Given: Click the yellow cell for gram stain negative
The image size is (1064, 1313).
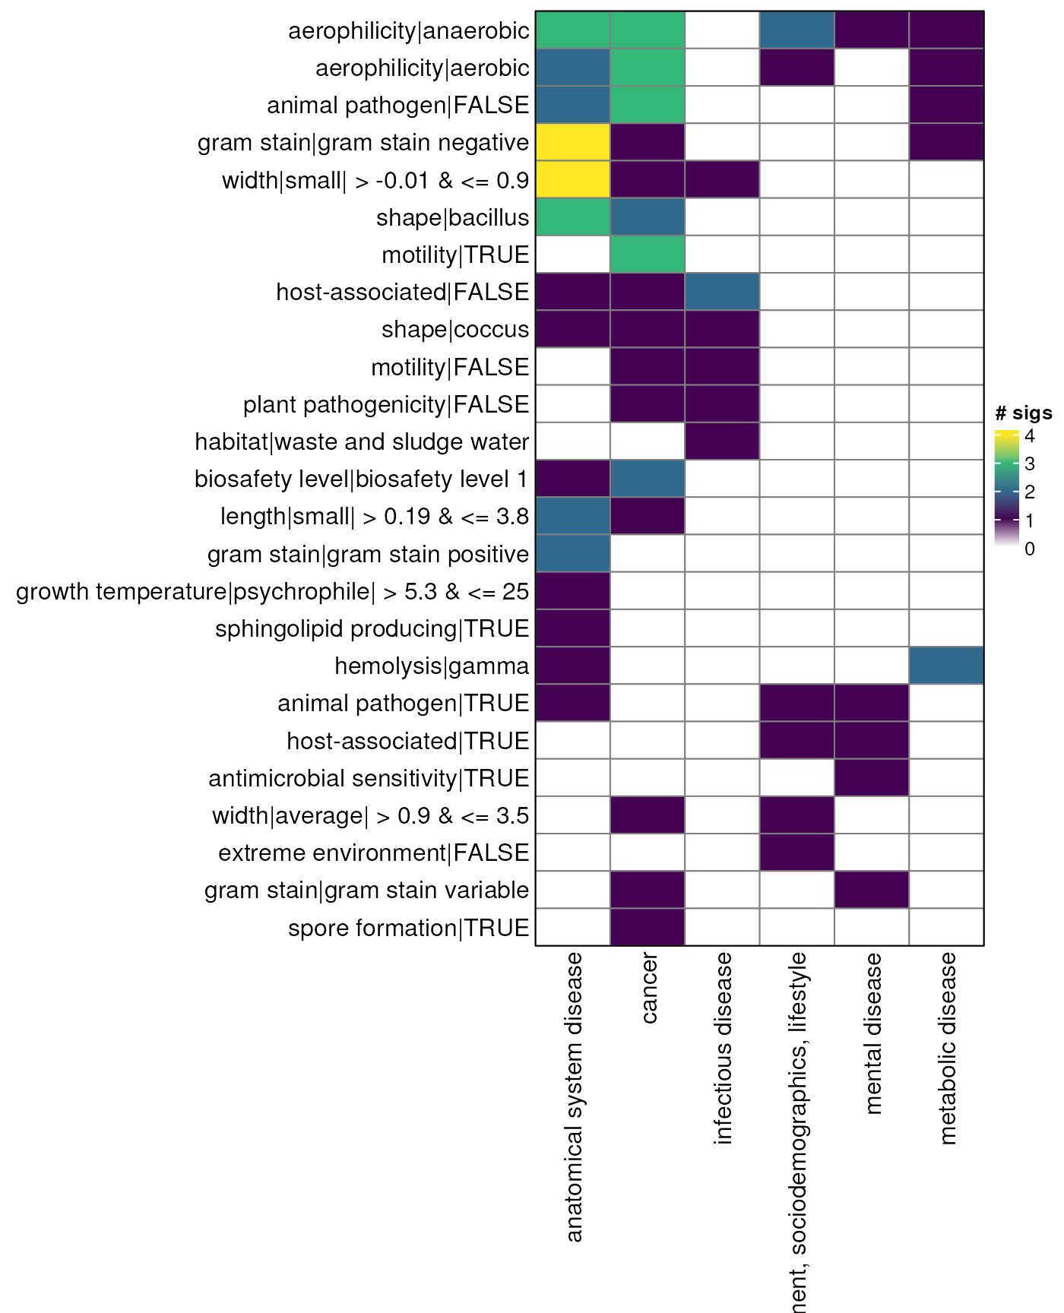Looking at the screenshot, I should point(572,142).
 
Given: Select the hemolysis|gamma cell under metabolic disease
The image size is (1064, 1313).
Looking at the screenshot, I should point(946,666).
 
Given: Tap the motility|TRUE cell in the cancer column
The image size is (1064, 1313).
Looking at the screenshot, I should point(648,255).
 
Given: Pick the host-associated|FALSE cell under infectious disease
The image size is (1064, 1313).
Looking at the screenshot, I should point(722,292).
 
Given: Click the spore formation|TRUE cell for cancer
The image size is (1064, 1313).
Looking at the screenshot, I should point(648,927).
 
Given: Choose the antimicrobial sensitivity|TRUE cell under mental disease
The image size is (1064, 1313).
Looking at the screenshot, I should point(872,778).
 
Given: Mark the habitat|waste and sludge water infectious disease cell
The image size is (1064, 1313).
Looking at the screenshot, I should point(722,441).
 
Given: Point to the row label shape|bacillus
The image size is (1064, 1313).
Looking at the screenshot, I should point(452,217).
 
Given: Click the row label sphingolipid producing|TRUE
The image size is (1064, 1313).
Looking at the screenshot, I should point(372,628).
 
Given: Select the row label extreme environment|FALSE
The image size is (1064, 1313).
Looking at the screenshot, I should point(373,853).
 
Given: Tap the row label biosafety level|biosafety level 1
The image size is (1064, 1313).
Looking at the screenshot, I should point(361,479).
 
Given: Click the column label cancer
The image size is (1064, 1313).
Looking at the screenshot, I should point(648,989).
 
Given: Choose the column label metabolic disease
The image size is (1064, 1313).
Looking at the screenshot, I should point(947,1049).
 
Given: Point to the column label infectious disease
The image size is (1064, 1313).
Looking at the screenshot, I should point(723,1049).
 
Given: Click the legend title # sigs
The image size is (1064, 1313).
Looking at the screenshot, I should point(1023,413).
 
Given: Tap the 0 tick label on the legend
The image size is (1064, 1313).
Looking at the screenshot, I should point(1029,549).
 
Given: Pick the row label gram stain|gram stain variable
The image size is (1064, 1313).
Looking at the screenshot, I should point(366,890).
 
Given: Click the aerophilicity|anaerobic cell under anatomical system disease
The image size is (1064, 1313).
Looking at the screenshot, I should point(572,30).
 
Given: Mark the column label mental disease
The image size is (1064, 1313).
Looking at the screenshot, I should point(872,1033).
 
